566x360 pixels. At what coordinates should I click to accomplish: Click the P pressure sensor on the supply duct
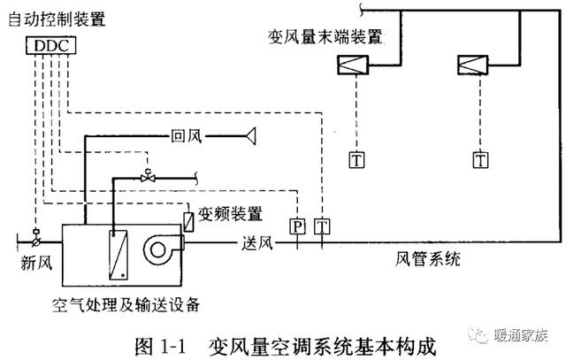click(x=298, y=226)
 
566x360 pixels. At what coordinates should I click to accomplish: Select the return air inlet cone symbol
click(x=250, y=136)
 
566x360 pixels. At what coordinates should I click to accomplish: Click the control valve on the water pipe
click(x=148, y=176)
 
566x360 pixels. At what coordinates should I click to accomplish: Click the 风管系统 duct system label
click(x=428, y=258)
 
